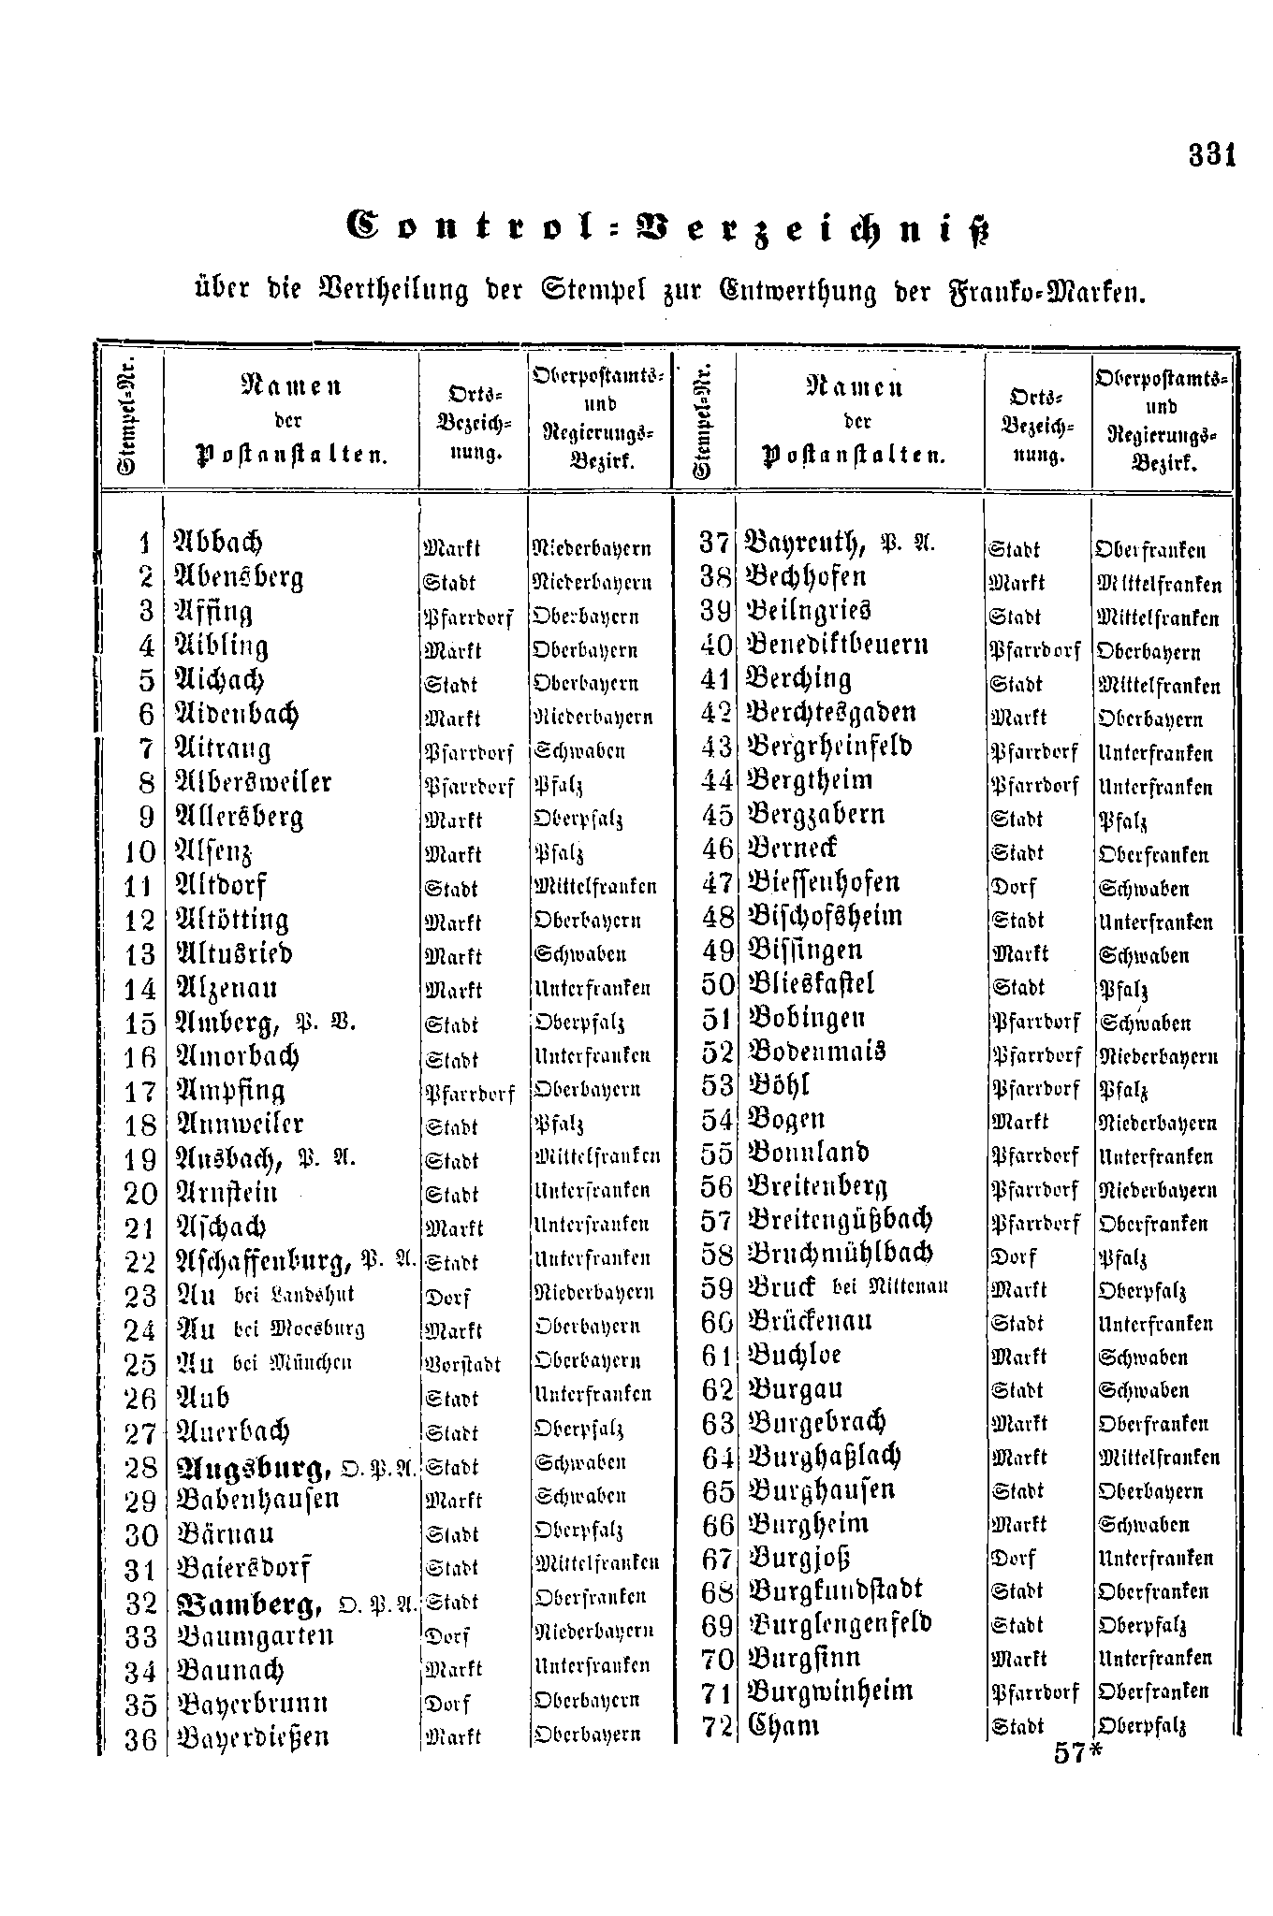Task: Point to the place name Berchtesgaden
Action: [829, 713]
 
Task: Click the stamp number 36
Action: [140, 1739]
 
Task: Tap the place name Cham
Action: [783, 1725]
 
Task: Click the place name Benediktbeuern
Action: [836, 646]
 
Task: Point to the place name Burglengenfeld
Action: [839, 1625]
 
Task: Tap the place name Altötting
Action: [232, 921]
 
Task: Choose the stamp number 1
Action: [144, 544]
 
